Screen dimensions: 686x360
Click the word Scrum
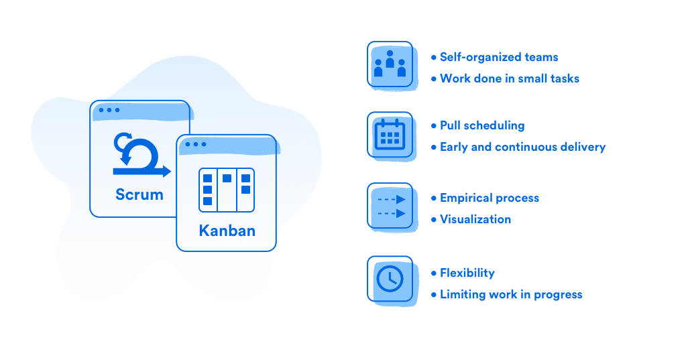click(139, 194)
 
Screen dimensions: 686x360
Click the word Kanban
click(227, 231)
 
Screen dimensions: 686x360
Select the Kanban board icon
click(227, 190)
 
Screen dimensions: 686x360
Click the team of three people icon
click(390, 64)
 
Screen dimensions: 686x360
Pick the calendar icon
click(390, 134)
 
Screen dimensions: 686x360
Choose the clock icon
click(390, 279)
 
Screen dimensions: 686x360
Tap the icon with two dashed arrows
click(392, 206)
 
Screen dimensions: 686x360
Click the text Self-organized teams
click(499, 57)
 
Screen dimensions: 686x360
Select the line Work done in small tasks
click(509, 78)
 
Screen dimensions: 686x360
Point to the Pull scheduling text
click(482, 125)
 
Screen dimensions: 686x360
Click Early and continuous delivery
click(522, 147)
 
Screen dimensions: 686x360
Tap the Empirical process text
click(489, 198)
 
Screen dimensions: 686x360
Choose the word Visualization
click(475, 219)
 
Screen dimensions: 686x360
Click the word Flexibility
click(467, 273)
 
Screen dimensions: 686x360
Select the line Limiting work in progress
click(511, 294)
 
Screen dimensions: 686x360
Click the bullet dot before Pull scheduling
click(434, 126)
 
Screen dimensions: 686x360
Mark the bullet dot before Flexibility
click(434, 274)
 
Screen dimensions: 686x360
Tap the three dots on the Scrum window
click(109, 110)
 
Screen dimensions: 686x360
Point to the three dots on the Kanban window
click(196, 144)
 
